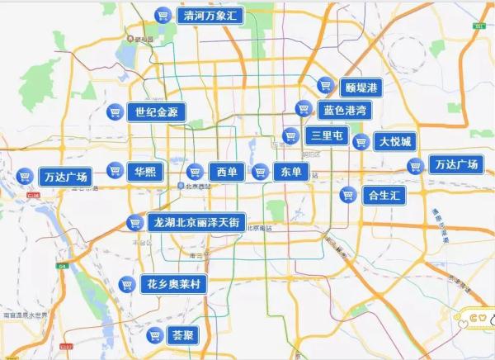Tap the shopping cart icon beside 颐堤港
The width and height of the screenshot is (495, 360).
pyautogui.click(x=325, y=86)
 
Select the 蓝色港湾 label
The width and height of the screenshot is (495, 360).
pyautogui.click(x=345, y=110)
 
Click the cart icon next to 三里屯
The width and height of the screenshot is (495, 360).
pyautogui.click(x=290, y=135)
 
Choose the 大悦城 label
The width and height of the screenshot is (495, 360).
pyautogui.click(x=394, y=141)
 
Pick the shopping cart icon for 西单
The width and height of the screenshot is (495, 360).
pyautogui.click(x=196, y=172)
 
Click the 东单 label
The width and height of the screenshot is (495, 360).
pyautogui.click(x=290, y=172)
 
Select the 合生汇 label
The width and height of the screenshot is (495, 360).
pyautogui.click(x=384, y=195)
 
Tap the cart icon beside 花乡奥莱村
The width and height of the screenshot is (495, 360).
pyautogui.click(x=127, y=284)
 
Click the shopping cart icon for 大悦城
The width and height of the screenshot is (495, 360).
pyautogui.click(x=361, y=141)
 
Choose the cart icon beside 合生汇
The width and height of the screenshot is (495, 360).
pyautogui.click(x=348, y=195)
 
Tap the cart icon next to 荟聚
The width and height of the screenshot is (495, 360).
pyautogui.click(x=153, y=336)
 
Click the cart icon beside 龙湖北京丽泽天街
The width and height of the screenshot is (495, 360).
pyautogui.click(x=134, y=222)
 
